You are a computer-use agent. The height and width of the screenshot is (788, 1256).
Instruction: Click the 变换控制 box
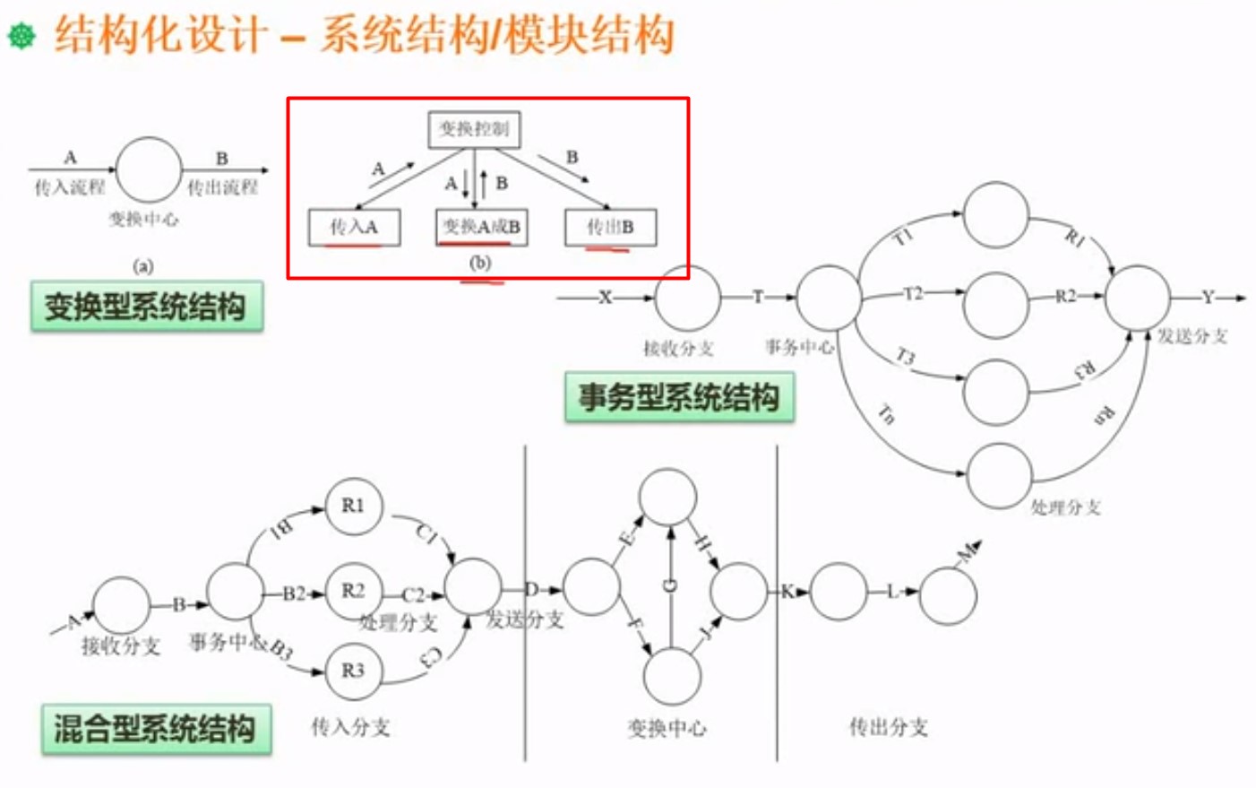point(474,129)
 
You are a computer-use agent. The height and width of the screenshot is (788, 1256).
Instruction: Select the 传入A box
point(354,228)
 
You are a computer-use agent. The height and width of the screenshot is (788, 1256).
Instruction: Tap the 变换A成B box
point(481,228)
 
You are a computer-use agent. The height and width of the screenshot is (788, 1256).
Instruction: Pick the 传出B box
point(610,228)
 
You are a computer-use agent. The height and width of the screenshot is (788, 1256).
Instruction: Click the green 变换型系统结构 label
point(146,307)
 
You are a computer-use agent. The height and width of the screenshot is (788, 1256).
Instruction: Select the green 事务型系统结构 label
point(679,397)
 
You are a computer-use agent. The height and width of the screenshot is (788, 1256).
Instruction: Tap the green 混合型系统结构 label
point(156,729)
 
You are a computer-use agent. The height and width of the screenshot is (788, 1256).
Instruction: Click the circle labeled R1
point(354,507)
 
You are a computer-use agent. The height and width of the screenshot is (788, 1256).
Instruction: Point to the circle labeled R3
point(353,671)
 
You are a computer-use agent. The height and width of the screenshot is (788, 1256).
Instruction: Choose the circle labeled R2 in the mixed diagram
point(354,591)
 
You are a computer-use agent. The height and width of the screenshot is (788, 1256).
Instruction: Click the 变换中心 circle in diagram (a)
point(149,169)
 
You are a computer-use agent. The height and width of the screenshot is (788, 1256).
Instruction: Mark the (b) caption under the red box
point(481,264)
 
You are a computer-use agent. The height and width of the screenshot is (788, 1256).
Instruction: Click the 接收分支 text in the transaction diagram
point(678,349)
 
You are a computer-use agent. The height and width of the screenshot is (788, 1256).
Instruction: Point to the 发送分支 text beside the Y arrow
point(1191,336)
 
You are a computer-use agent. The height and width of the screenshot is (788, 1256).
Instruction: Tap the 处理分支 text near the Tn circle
point(1065,507)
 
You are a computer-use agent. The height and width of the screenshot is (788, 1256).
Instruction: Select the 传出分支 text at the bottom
point(888,727)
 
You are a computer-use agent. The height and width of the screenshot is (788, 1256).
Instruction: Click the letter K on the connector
point(787,592)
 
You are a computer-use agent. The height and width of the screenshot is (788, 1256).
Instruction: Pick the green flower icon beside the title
point(22,36)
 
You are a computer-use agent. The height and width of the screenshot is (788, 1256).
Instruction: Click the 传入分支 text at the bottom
point(350,727)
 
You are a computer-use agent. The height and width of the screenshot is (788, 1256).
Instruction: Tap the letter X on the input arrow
point(606,298)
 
